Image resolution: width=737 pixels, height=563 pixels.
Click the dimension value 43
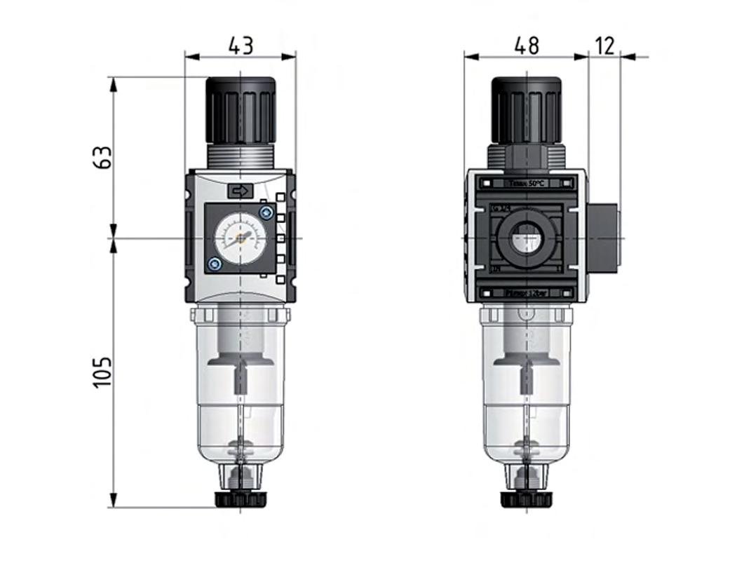(x=241, y=46)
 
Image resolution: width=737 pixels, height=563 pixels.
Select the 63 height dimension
(x=103, y=157)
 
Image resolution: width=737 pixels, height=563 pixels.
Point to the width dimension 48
(x=526, y=46)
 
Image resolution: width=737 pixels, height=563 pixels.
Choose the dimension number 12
(x=604, y=46)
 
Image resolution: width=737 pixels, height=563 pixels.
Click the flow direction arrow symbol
(x=240, y=190)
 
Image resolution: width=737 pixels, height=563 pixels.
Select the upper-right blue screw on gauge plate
(x=265, y=212)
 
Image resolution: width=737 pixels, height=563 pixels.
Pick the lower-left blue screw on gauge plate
(x=215, y=264)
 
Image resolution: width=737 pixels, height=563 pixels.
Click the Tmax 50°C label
(x=525, y=183)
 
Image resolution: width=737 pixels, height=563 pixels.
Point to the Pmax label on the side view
(x=525, y=294)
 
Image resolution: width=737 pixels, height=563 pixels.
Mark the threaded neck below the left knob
(x=240, y=157)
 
